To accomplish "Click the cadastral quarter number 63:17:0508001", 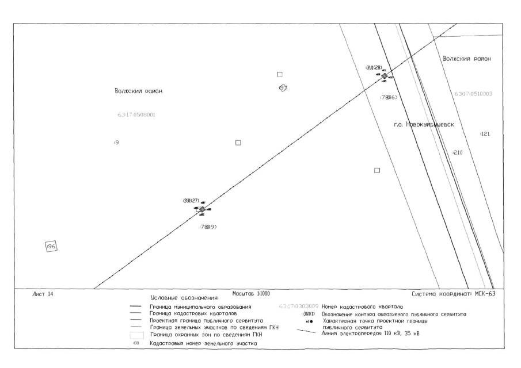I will pos(136,115).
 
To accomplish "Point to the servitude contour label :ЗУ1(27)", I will pos(191,201).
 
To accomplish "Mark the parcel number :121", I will pos(484,134).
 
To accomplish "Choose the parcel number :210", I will pos(458,152).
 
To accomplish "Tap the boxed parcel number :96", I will pos(51,246).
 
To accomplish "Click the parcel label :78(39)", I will pos(208,227).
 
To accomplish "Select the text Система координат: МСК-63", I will pos(454,294).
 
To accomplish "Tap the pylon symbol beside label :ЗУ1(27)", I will pos(201,209).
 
